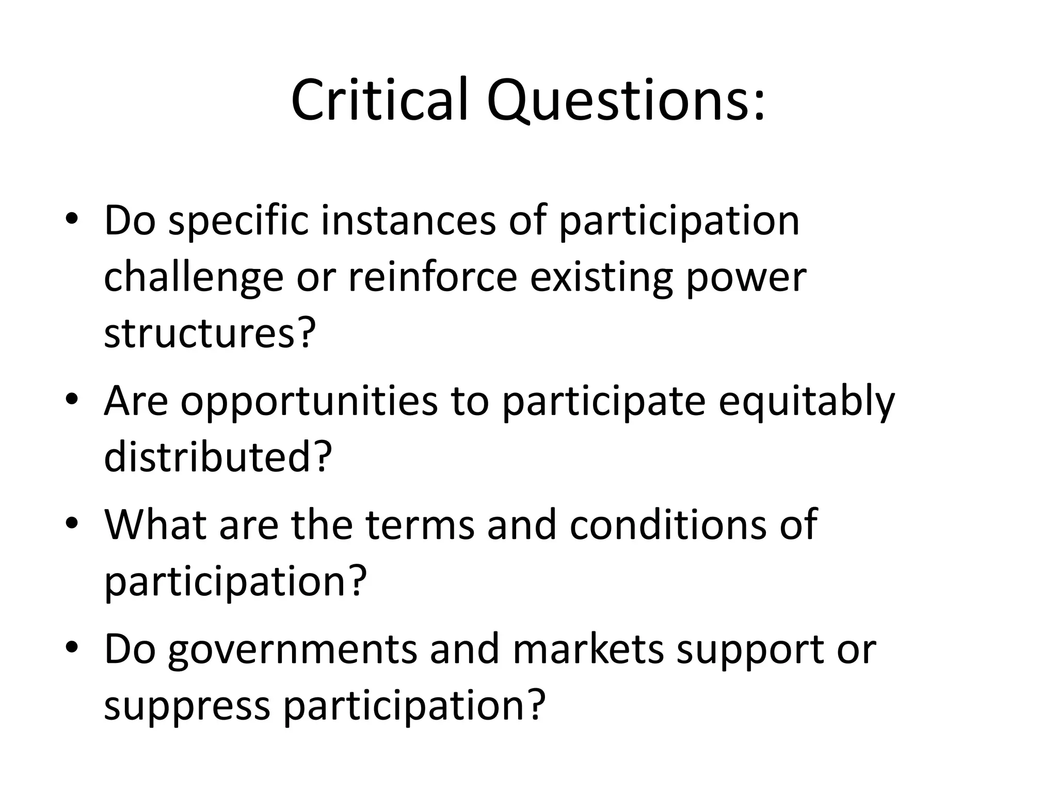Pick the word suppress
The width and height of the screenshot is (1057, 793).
(187, 706)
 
